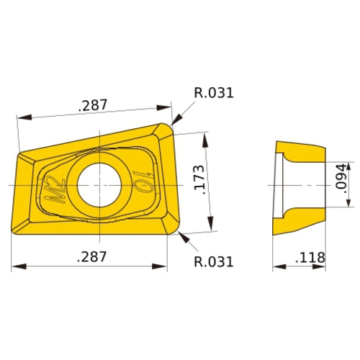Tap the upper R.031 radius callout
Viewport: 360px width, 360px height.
pos(214,93)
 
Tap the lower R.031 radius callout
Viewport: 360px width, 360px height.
pos(214,261)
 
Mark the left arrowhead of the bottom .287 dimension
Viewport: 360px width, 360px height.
pos(17,267)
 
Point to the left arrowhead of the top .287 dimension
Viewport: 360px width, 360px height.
pos(22,116)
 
